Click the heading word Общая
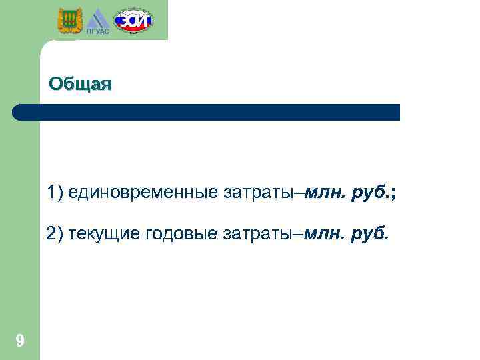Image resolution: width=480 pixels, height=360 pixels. [x=81, y=85]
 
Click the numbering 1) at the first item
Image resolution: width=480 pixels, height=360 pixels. [x=55, y=193]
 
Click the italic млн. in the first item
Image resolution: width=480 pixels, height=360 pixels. [x=325, y=193]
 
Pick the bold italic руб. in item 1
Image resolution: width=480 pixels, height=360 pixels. [x=370, y=193]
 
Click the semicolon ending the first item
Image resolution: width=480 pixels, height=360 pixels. [x=393, y=194]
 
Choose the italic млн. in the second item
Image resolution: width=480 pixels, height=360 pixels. [x=325, y=235]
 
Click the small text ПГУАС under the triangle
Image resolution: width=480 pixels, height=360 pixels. [x=98, y=31]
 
